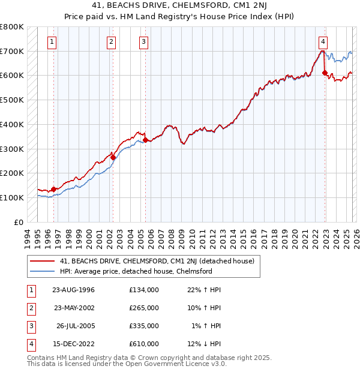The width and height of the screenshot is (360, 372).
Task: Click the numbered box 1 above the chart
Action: coord(53,42)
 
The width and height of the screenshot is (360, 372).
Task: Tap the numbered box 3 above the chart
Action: coord(144,42)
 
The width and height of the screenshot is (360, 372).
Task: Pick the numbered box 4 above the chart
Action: coord(323,42)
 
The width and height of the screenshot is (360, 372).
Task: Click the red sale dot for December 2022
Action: coord(325,73)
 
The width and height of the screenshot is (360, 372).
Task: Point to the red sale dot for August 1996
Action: coord(53,189)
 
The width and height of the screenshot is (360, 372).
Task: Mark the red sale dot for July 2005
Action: coord(145,140)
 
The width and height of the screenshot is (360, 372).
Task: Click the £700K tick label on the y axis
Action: coord(12,51)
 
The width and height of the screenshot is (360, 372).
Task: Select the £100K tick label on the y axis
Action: coord(12,197)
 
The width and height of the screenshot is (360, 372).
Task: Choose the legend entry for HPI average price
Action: coord(136,271)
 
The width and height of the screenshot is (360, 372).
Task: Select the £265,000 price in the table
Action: coord(144,308)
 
